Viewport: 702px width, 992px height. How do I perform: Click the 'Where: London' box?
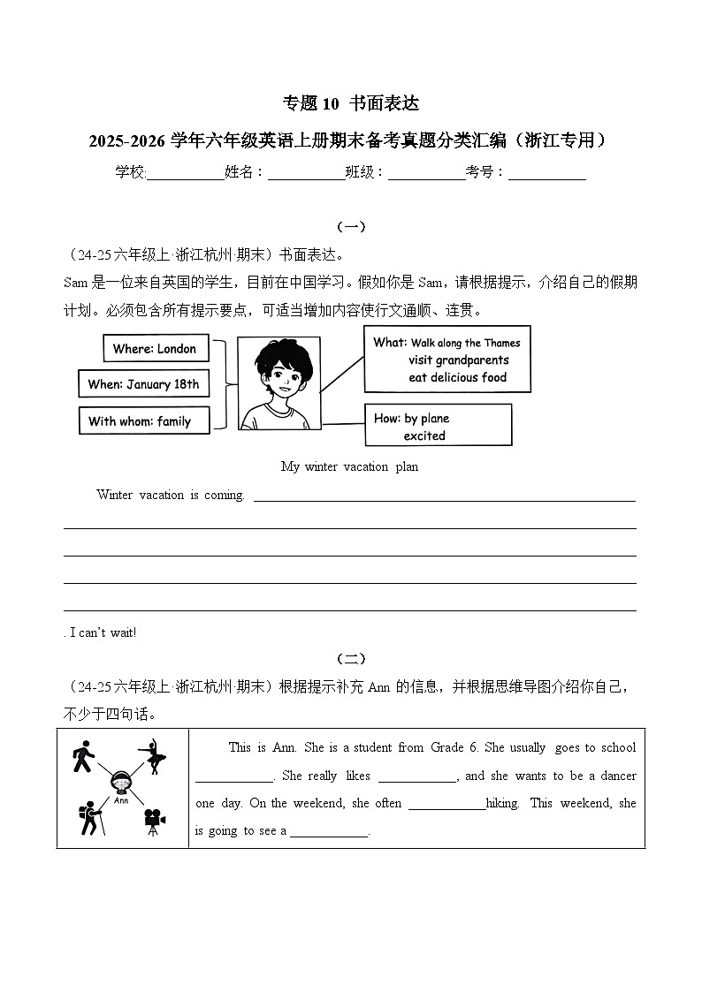click(156, 348)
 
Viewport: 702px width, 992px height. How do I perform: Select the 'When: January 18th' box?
click(144, 384)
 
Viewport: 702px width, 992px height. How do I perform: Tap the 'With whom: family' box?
click(144, 420)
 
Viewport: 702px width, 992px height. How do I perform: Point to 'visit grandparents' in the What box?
click(458, 360)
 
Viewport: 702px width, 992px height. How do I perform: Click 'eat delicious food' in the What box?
click(456, 377)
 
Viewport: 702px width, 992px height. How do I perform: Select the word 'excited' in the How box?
click(424, 435)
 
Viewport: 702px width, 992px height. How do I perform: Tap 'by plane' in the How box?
click(426, 419)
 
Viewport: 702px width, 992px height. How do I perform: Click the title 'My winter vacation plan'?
click(349, 466)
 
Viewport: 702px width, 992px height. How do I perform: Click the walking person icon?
click(84, 756)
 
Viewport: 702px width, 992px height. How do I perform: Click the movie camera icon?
click(154, 821)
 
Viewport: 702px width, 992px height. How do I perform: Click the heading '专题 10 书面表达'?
click(350, 103)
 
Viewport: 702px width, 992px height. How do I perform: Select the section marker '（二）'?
click(351, 659)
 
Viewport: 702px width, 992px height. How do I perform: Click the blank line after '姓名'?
click(306, 173)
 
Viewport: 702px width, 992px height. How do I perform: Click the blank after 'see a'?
click(328, 831)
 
